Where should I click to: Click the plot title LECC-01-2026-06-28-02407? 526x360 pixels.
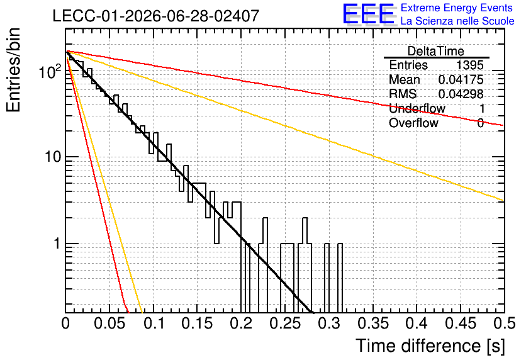click(x=156, y=16)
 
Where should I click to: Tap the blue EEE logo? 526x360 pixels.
click(x=368, y=14)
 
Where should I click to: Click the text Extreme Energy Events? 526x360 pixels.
click(x=457, y=8)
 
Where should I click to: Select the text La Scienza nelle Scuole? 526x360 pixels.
click(x=457, y=21)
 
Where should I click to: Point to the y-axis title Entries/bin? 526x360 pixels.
click(x=13, y=70)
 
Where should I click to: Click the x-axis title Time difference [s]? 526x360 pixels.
click(x=430, y=346)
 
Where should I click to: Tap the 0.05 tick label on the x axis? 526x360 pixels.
click(x=110, y=323)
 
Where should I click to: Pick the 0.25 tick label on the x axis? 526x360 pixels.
click(x=286, y=323)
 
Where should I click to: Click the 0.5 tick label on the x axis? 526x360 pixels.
click(x=504, y=323)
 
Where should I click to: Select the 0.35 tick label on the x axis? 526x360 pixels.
click(x=373, y=323)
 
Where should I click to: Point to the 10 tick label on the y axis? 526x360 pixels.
click(x=53, y=157)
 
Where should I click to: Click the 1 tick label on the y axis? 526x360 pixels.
click(x=57, y=243)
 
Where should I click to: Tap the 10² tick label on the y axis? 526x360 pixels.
click(x=50, y=71)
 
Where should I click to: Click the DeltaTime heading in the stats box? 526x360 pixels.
click(x=436, y=51)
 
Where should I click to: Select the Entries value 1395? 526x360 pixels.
click(x=469, y=65)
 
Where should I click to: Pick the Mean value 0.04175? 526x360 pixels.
click(x=461, y=79)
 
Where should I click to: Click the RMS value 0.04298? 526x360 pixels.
click(x=461, y=94)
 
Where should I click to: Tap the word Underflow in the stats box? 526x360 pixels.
click(x=417, y=108)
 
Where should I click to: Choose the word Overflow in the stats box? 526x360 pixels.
click(x=413, y=123)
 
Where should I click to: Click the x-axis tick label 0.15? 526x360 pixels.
click(x=198, y=323)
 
